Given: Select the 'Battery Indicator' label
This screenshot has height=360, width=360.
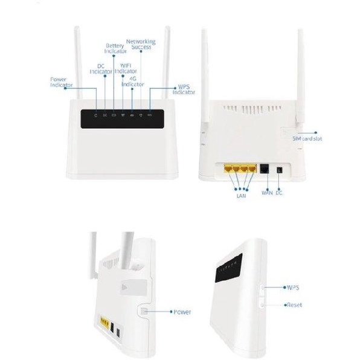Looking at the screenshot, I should tap(116, 48).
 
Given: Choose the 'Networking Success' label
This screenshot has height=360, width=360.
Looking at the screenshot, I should tap(141, 45).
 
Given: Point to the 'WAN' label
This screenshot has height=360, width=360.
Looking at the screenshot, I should tap(267, 193).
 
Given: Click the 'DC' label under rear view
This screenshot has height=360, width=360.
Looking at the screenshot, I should tap(279, 193).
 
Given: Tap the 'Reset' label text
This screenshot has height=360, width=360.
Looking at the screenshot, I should tap(294, 305).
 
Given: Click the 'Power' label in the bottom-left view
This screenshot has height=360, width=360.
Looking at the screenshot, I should tap(182, 312).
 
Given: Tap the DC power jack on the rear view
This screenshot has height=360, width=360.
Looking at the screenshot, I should tap(279, 171).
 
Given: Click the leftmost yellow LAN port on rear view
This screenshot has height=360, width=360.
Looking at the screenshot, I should tap(228, 170).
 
